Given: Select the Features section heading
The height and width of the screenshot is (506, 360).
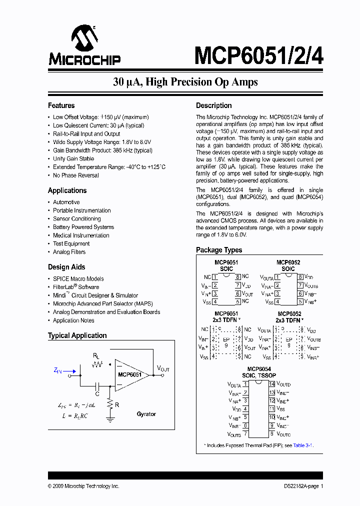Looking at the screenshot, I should point(61,105).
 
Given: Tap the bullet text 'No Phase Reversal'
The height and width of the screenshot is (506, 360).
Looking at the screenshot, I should point(76,175).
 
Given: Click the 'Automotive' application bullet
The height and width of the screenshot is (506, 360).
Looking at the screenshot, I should point(66,202).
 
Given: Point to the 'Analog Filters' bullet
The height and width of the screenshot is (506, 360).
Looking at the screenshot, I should point(69,252).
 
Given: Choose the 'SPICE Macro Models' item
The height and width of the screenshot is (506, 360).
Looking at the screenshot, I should point(78,278).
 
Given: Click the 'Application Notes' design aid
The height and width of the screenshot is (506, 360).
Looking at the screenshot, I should point(73,320).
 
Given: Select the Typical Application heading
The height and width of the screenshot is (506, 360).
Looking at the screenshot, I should point(77,335).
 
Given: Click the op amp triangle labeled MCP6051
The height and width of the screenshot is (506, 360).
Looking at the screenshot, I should point(131,374).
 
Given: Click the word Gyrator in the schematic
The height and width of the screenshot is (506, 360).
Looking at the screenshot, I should point(146,414).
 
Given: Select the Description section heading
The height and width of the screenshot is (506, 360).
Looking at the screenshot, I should point(213,105).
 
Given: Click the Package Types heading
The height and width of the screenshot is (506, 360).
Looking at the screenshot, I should point(219,250).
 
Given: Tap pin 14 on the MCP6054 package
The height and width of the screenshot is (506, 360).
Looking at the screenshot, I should point(272,384).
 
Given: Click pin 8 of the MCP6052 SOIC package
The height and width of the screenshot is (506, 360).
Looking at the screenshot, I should point(300,276).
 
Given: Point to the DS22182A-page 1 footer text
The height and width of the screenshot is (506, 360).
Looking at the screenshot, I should point(300,486).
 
